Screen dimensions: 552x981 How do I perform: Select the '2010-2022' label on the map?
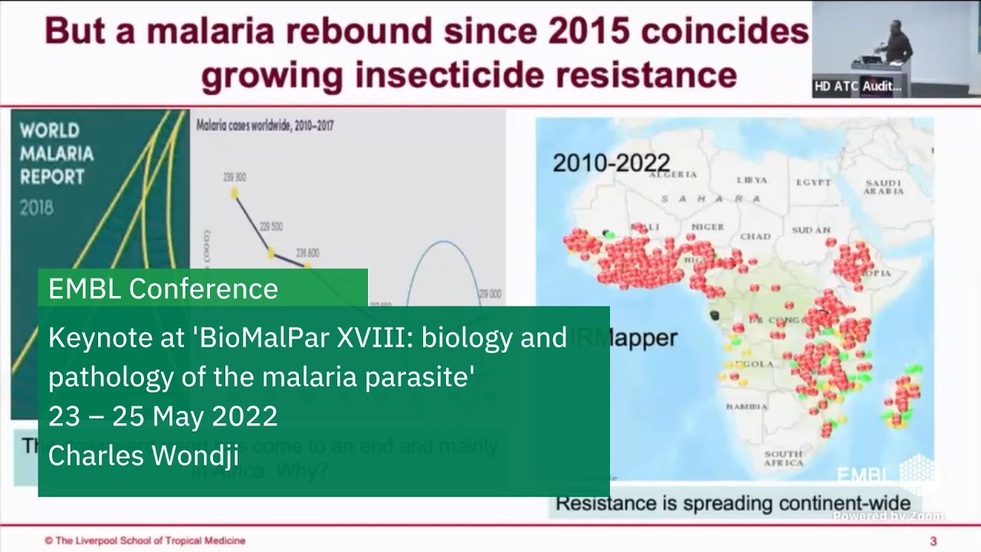pos(611,163)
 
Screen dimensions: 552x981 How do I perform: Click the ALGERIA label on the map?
pos(674,175)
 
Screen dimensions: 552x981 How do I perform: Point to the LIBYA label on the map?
pos(751,180)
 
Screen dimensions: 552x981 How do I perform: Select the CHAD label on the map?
pos(755,236)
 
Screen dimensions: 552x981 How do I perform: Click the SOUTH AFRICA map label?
pos(783,458)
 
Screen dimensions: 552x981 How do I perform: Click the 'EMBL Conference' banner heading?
pos(162,288)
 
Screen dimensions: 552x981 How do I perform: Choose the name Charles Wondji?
pos(144,455)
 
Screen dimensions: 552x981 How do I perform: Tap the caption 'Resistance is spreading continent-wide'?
pos(733,504)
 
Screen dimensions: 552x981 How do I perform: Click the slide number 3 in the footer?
pos(933,540)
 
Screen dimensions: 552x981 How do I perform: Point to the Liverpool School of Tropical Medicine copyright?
pos(145,540)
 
